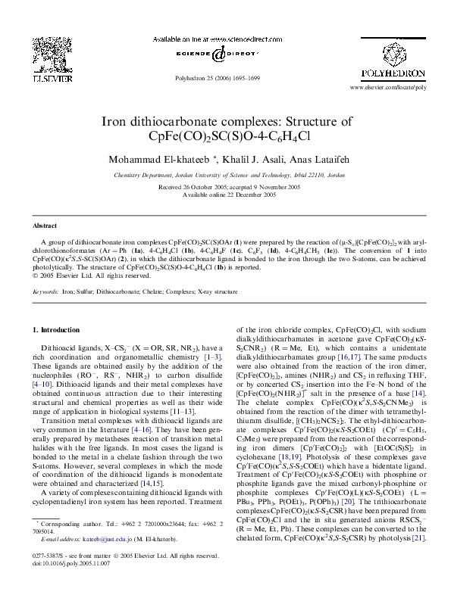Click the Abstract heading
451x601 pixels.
click(x=45, y=226)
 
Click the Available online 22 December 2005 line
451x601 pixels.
click(x=225, y=194)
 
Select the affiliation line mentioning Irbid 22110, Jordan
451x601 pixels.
click(x=225, y=174)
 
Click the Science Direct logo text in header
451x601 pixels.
click(x=225, y=54)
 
